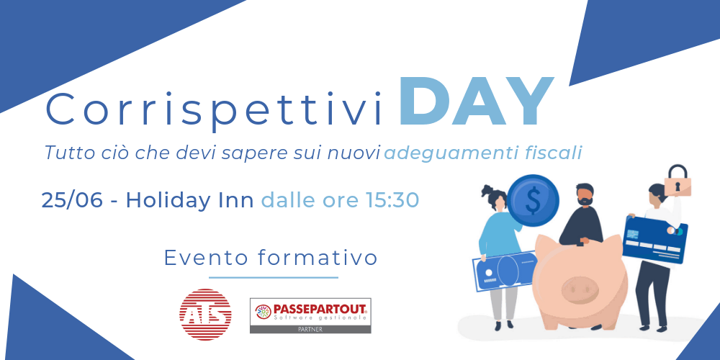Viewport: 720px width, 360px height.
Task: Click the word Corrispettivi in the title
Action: click(214, 109)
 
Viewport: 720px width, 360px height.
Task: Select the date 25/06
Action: click(72, 201)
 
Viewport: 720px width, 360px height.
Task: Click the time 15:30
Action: click(392, 200)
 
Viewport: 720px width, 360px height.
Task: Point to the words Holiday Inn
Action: click(189, 201)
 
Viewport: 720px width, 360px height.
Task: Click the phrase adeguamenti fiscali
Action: click(483, 153)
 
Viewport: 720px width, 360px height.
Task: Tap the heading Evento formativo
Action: click(271, 258)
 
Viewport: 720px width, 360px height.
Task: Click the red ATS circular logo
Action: click(205, 315)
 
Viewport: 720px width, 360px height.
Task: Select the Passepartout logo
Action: click(310, 315)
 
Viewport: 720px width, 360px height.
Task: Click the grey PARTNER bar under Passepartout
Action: click(310, 329)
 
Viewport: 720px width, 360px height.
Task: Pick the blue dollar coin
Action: click(533, 201)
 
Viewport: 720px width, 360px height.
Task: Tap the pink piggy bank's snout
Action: click(580, 289)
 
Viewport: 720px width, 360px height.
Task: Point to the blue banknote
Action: click(504, 271)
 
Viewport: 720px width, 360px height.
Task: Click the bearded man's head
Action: click(585, 194)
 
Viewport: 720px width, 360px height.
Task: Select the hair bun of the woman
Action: click(487, 189)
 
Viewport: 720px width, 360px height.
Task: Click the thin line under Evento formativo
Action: click(273, 277)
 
